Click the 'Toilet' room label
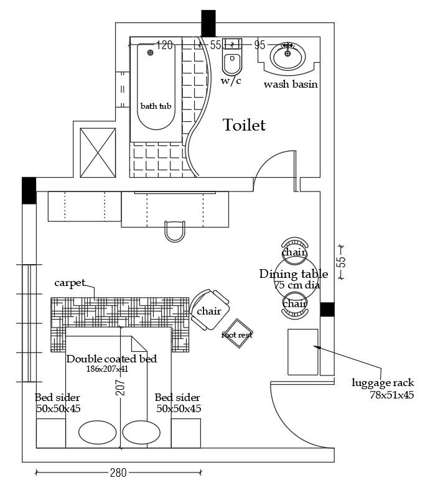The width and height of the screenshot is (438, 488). point(244,126)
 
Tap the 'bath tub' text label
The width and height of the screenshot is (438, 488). point(156,106)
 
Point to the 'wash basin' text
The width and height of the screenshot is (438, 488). point(291,84)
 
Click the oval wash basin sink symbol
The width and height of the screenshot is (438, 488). point(287,57)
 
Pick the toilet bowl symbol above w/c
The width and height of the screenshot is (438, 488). point(231,63)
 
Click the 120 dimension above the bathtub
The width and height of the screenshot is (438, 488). point(164,45)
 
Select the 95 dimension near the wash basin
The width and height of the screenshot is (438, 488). point(259,45)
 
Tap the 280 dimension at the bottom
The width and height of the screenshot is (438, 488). point(118,473)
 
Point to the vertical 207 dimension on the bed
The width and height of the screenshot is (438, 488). point(121,387)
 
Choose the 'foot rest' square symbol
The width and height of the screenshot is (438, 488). point(237,334)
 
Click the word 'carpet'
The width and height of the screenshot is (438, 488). point(70,283)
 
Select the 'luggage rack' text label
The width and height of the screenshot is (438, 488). point(383,383)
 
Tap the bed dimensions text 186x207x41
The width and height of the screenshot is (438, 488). point(107,369)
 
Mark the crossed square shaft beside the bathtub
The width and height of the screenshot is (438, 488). point(98,153)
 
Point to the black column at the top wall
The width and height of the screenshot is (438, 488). point(208,24)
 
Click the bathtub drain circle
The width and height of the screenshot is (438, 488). point(149,53)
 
